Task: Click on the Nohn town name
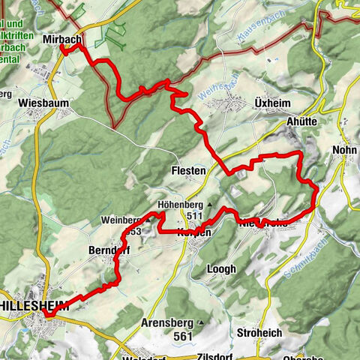click(344, 150)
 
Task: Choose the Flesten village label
click(188, 171)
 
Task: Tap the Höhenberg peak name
click(181, 204)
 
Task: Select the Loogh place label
click(220, 268)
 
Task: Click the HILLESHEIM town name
click(34, 306)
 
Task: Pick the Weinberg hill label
click(123, 220)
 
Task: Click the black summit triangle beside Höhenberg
click(211, 204)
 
